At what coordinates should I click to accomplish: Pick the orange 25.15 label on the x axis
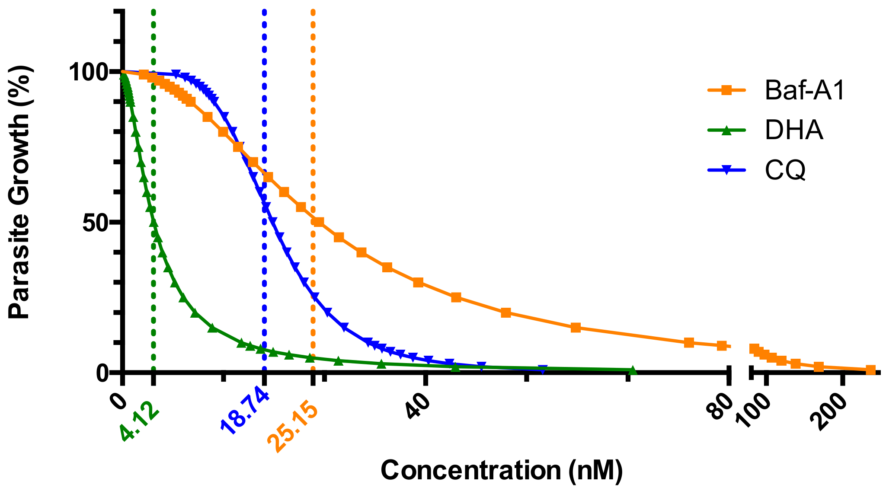coord(293,427)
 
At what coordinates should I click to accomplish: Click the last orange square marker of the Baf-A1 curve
coord(870,370)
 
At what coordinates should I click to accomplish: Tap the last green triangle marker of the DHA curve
coord(632,370)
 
